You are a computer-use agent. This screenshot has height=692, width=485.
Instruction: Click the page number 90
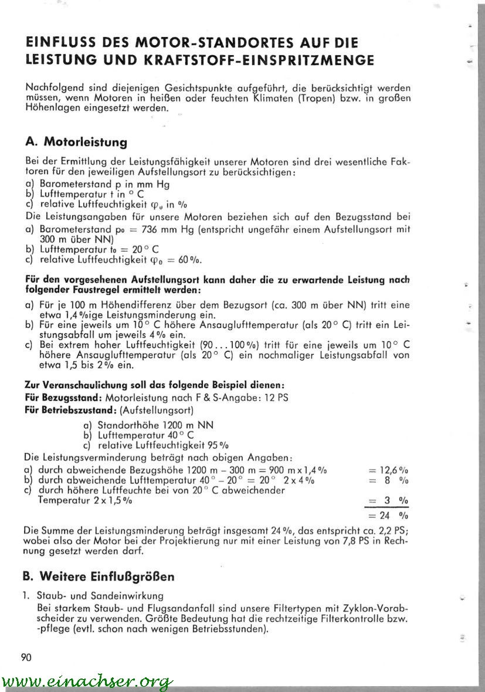[26, 657]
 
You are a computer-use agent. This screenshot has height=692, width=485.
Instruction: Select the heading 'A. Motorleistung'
[76, 142]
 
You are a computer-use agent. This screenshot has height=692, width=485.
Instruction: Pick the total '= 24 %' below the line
[387, 516]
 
